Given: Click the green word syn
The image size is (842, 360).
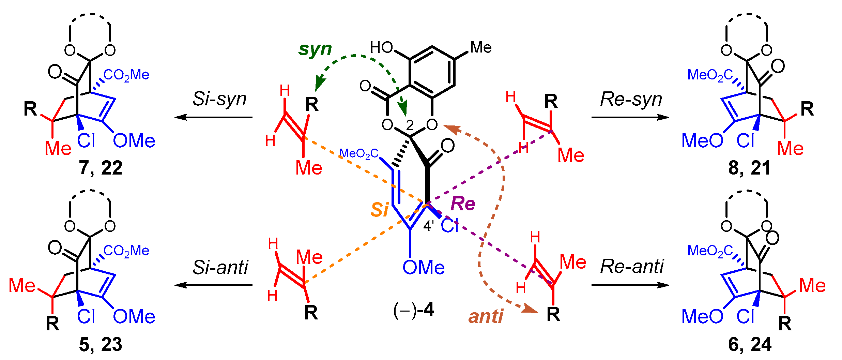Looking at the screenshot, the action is tap(315, 49).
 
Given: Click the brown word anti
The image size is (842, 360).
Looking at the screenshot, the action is tap(486, 316).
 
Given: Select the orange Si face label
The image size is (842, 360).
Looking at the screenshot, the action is tap(379, 209).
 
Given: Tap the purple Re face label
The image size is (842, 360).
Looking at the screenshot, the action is tap(462, 204).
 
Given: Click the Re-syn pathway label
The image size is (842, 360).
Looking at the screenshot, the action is tap(631, 99).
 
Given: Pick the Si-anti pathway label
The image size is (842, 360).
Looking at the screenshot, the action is tap(220, 267).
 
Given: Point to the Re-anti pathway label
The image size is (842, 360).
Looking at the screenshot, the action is tap(632, 266).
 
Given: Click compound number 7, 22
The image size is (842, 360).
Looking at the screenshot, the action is tap(101, 168).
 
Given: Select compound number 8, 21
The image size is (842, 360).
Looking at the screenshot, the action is tap(749, 168).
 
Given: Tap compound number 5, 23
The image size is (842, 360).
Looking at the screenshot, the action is tap(101, 344).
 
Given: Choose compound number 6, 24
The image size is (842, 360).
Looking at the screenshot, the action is tap(750, 344).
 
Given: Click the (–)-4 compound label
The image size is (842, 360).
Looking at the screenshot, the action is tap(414, 310).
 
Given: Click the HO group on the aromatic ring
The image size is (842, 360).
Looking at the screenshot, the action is tap(382, 47).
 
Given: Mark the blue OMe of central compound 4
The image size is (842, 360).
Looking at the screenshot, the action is tap(424, 267).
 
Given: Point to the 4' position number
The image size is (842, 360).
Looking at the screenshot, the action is tap(428, 226).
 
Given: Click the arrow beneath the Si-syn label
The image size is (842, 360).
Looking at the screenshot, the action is tap(214, 118).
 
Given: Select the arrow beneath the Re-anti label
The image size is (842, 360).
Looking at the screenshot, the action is tap(630, 285).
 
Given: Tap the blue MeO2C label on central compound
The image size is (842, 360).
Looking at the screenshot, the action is tap(359, 154).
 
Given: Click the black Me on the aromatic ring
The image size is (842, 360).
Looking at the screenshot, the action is tap(481, 47).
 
